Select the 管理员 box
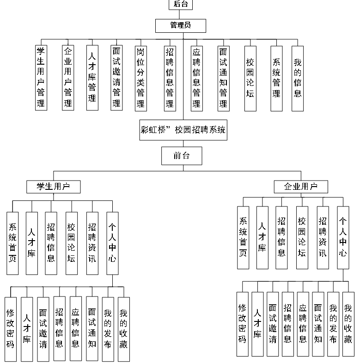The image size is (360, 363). click(x=180, y=25)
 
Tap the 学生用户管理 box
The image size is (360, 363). click(x=41, y=77)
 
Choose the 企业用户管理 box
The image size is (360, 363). click(x=68, y=77)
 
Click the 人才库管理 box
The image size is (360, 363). click(x=92, y=77)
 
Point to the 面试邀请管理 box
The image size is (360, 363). click(x=117, y=77)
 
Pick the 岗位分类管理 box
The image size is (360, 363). click(x=140, y=77)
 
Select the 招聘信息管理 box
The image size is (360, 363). click(x=170, y=77)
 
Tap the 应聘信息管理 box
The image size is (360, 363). click(x=197, y=77)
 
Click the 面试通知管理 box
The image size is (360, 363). click(x=224, y=77)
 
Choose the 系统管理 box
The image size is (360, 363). click(x=277, y=77)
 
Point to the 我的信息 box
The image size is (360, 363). click(x=298, y=77)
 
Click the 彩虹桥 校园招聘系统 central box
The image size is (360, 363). click(x=183, y=130)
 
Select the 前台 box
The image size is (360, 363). click(x=181, y=156)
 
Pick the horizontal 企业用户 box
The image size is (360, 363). click(x=301, y=187)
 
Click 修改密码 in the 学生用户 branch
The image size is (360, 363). click(x=11, y=328)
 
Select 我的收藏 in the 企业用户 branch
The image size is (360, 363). click(x=348, y=324)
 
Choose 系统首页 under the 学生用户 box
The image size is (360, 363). click(x=12, y=242)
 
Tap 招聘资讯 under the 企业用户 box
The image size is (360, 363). click(x=323, y=237)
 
